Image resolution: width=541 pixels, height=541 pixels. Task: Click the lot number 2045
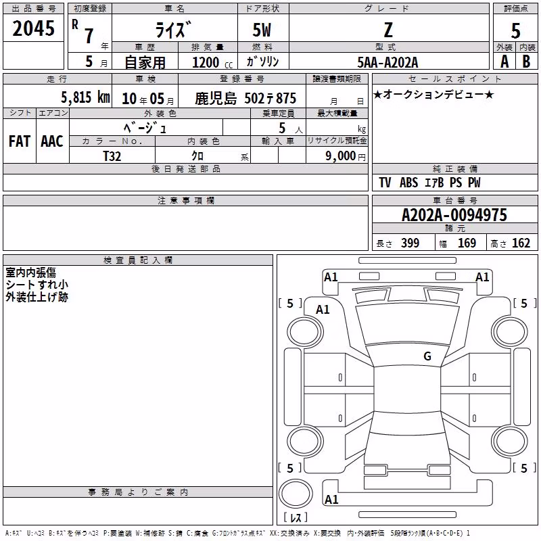pyautogui.click(x=33, y=28)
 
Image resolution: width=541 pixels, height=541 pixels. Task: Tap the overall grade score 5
pyautogui.click(x=515, y=31)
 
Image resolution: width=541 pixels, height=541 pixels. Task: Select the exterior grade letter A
pyautogui.click(x=504, y=62)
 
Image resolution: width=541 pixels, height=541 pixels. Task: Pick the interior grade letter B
pyautogui.click(x=526, y=62)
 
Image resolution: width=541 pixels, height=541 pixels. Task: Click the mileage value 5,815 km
pyautogui.click(x=85, y=97)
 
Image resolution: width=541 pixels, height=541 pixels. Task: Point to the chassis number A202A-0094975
pyautogui.click(x=454, y=215)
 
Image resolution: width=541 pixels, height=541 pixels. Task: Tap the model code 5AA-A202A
pyautogui.click(x=387, y=62)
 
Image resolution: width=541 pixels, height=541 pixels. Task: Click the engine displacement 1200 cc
pyautogui.click(x=212, y=62)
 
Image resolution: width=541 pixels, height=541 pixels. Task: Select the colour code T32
pyautogui.click(x=112, y=156)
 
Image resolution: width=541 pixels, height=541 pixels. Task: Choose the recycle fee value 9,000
pyautogui.click(x=340, y=156)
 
